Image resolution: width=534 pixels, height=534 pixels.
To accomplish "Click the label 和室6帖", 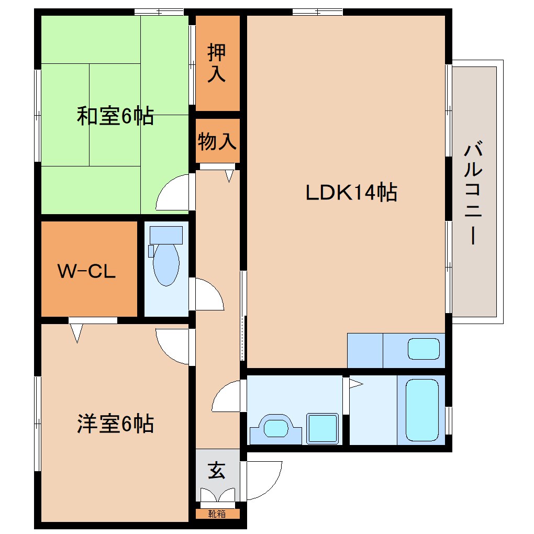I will click(115, 116).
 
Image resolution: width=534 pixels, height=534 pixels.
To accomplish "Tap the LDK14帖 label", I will click(351, 193).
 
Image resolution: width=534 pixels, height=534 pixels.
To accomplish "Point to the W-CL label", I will click(86, 271).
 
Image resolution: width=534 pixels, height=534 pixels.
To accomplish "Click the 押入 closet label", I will click(217, 63).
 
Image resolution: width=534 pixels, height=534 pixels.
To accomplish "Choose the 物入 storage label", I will click(217, 141).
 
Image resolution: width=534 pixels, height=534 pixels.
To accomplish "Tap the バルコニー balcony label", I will click(473, 193).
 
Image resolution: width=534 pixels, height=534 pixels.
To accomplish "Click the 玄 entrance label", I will click(217, 471).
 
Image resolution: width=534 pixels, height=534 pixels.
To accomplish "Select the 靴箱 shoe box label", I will click(217, 514).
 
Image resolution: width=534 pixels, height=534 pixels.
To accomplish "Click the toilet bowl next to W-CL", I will click(166, 262).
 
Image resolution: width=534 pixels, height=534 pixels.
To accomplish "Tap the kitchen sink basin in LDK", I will click(424, 349).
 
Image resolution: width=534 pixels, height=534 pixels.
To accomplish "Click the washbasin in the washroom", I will click(276, 428).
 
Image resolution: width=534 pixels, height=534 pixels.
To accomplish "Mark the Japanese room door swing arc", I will click(171, 193).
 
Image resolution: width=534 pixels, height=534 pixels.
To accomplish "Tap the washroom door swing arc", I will click(226, 396).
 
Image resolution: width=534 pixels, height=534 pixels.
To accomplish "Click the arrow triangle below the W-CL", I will click(77, 332).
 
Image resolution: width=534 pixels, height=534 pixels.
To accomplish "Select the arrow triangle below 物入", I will click(229, 176).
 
